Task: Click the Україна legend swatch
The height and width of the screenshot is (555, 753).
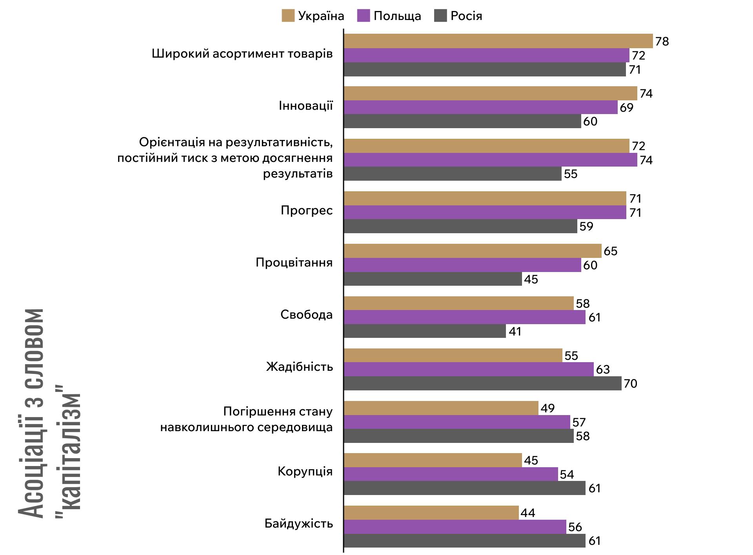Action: pos(288,16)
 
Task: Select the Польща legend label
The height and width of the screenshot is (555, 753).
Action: pos(397,16)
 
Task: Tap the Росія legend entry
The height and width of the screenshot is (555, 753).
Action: pos(466,16)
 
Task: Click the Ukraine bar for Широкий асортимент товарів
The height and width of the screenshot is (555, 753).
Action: pos(498,41)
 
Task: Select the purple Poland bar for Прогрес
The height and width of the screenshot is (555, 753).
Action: pos(485,212)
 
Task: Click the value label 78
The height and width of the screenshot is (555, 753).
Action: pos(662,41)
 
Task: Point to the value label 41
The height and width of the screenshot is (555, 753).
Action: pos(515,332)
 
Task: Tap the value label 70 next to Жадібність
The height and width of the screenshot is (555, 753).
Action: pos(630,383)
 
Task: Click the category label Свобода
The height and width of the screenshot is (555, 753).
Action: pos(306,315)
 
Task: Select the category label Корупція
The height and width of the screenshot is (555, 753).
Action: pos(305,471)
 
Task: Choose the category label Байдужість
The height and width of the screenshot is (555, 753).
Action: pos(298,524)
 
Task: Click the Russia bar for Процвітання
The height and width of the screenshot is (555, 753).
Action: pos(433,279)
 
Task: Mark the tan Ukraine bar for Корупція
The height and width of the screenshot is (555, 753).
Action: pos(433,460)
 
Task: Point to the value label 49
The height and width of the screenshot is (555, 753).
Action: pos(547,408)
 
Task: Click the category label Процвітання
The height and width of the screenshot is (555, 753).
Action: pos(294,262)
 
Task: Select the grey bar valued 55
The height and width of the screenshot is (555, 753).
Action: pos(452,174)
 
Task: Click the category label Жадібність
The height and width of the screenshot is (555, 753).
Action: pos(299,367)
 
